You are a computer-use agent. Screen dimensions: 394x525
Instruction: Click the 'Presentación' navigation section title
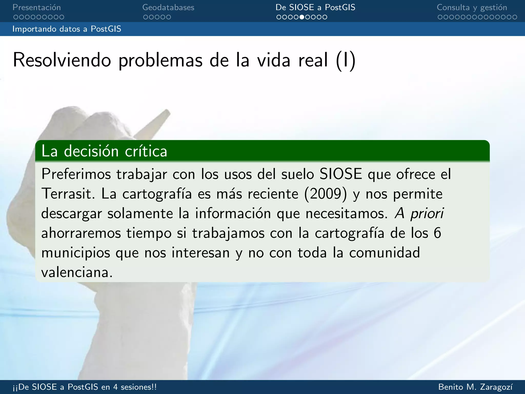click(37, 7)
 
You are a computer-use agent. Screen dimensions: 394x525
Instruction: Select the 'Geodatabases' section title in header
click(168, 7)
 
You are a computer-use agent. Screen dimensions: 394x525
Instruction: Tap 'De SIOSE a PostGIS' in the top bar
click(315, 7)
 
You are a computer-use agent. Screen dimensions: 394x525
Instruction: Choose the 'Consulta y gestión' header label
click(472, 7)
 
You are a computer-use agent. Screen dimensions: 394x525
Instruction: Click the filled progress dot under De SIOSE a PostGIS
click(302, 17)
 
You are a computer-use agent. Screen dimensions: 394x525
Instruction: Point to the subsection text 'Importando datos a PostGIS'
click(67, 29)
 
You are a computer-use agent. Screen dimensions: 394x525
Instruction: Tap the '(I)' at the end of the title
click(346, 61)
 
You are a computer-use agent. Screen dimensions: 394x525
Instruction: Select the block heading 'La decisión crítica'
click(104, 151)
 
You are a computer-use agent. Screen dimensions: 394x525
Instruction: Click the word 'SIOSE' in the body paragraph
click(341, 174)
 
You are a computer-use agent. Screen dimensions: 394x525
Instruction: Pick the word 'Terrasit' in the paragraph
click(68, 194)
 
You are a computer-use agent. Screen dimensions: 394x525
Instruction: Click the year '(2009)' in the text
click(326, 194)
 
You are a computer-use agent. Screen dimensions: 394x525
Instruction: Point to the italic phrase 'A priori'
click(419, 213)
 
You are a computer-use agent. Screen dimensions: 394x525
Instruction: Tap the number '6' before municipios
click(437, 233)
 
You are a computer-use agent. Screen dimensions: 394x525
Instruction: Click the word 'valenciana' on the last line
click(76, 272)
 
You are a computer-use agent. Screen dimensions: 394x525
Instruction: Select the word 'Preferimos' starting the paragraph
click(76, 174)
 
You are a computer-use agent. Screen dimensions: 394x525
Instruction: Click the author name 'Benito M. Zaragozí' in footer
click(476, 387)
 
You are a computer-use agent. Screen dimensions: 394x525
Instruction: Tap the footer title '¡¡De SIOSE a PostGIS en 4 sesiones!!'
click(85, 387)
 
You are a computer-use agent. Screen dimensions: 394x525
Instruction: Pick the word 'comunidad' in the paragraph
click(385, 253)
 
